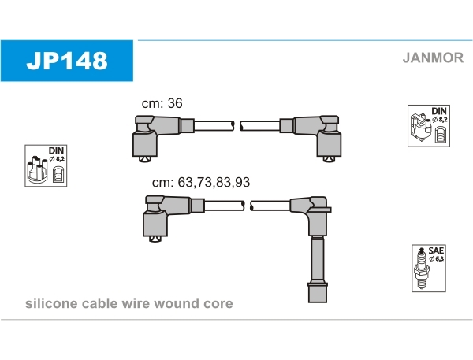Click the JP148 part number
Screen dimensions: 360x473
pyautogui.click(x=67, y=60)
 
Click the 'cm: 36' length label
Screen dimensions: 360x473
pyautogui.click(x=162, y=103)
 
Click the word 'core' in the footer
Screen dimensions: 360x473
pyautogui.click(x=218, y=303)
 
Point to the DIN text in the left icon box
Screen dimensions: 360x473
pyautogui.click(x=56, y=150)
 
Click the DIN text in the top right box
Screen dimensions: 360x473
pyautogui.click(x=438, y=110)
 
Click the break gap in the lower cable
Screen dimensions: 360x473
pyautogui.click(x=247, y=205)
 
